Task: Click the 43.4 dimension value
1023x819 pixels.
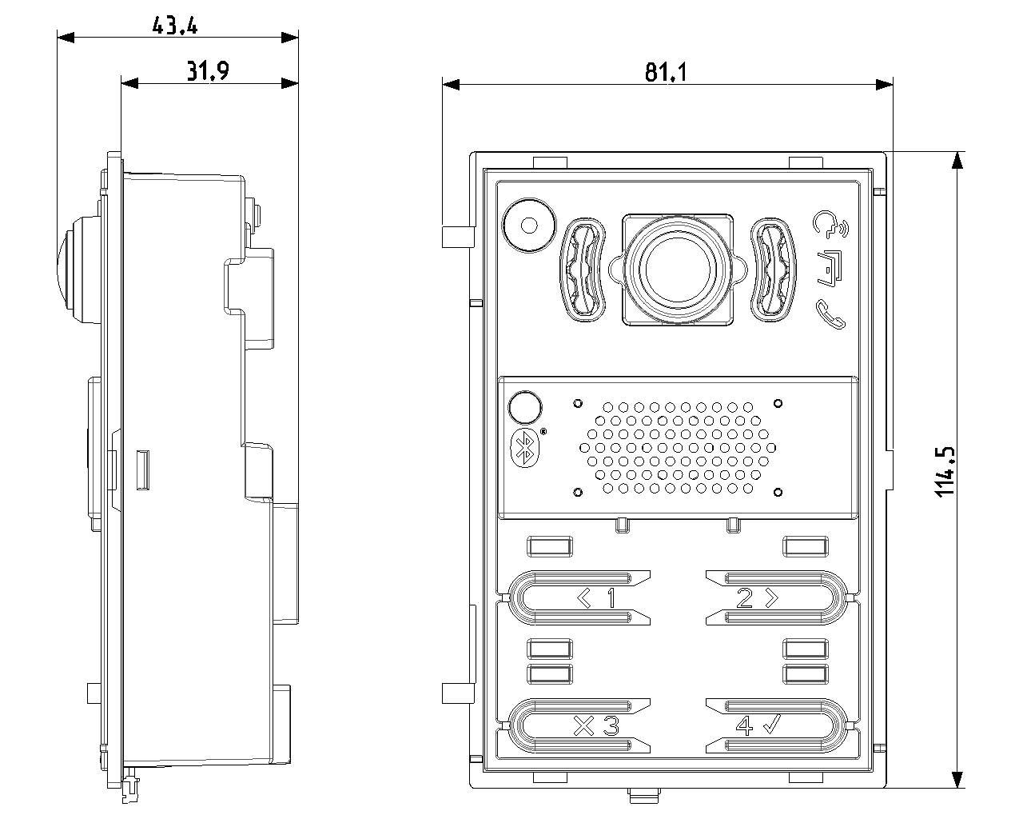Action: click(175, 26)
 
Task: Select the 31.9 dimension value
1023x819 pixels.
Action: click(208, 72)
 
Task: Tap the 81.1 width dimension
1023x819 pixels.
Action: click(666, 73)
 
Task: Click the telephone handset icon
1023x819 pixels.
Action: click(831, 314)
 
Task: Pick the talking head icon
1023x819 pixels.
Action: click(830, 226)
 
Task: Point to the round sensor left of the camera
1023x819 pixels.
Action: click(528, 225)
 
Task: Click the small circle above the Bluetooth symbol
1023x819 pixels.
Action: click(523, 407)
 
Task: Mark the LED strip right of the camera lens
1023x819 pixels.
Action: click(772, 270)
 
